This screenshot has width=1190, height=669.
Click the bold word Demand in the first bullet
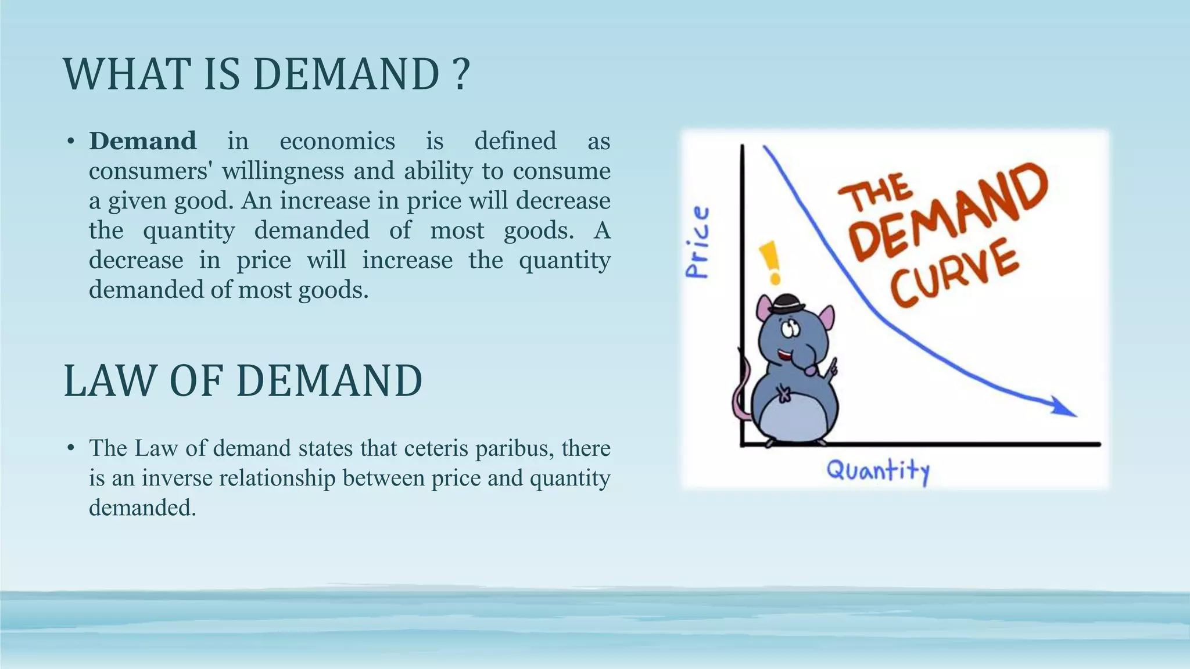pos(142,141)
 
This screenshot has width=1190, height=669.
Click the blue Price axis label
pos(697,242)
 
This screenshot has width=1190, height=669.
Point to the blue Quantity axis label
pos(878,470)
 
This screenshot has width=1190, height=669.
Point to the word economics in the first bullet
pos(337,141)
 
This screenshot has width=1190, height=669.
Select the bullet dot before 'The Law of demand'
pos(71,448)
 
